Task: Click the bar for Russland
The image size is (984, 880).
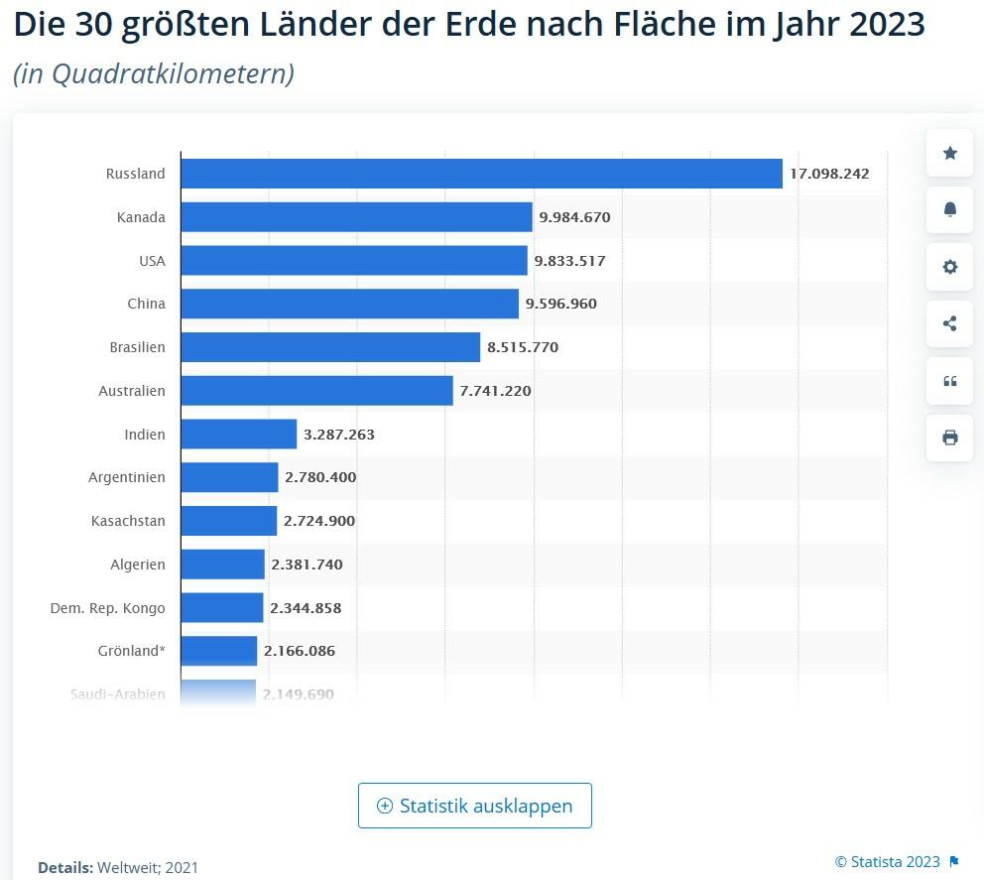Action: point(481,174)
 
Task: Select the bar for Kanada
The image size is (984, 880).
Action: point(356,217)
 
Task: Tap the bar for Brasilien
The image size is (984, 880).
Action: point(330,347)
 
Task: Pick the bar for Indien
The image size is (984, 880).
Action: point(238,435)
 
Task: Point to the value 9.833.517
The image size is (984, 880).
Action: point(569,261)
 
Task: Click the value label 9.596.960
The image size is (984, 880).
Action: point(561,304)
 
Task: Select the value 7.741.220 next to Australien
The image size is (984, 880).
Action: point(495,391)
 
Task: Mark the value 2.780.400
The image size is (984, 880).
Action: point(320,477)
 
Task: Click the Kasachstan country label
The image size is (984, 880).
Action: point(128,521)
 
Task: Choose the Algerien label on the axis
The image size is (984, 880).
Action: point(138,565)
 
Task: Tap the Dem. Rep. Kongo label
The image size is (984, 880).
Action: point(108,608)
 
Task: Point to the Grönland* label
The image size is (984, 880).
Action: point(132,651)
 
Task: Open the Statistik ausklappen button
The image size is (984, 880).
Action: point(475,806)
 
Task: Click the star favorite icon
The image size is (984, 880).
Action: point(950,153)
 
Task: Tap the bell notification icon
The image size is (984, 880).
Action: point(950,209)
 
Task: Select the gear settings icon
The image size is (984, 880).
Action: point(950,267)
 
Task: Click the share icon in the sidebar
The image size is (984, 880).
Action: point(950,323)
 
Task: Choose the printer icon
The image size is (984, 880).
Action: point(950,438)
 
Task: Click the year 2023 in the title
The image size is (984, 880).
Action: point(887,25)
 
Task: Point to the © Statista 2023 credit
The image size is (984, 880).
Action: point(887,860)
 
